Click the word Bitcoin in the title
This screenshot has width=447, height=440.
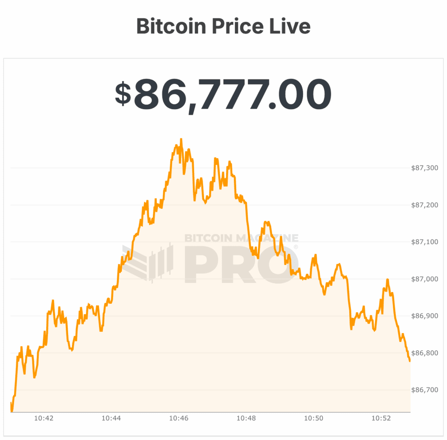point(171,27)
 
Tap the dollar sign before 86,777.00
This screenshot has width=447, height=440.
point(123,94)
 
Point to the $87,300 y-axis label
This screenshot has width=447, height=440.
point(425,168)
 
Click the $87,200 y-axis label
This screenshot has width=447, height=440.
point(425,205)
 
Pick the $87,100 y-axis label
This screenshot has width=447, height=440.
point(425,242)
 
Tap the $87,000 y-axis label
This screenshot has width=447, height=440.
point(425,279)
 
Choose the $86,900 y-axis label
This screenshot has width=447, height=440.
point(425,316)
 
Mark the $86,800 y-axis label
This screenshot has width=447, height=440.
point(425,353)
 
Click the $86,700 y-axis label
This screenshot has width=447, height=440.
point(425,390)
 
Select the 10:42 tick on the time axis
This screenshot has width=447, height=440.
point(44,418)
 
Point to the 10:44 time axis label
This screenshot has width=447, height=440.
point(111,418)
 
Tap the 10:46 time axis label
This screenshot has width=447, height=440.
point(179,418)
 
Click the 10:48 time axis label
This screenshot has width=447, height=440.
point(246,418)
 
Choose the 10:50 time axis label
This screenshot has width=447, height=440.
point(313,418)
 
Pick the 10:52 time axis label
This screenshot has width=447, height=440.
point(381,418)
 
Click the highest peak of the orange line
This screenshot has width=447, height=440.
point(181,139)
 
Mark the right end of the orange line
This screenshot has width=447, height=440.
point(409,361)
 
